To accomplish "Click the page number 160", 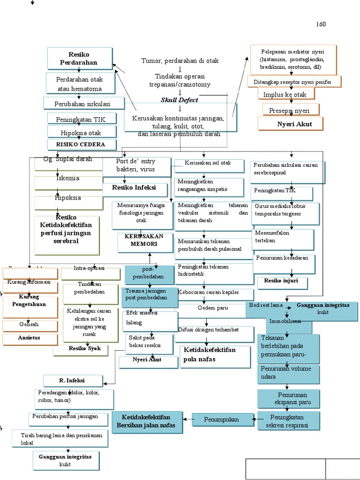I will coord(321,24).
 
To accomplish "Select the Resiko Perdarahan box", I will coord(79,58).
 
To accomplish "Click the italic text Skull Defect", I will coord(179,100).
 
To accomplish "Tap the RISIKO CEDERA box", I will coord(81,144).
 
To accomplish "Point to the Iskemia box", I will coord(68,179).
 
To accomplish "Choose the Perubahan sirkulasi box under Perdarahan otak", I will coord(83,103).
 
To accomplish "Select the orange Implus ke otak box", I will coord(286,94).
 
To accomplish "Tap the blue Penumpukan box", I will coord(221,419).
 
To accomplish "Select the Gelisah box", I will coord(29,324).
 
